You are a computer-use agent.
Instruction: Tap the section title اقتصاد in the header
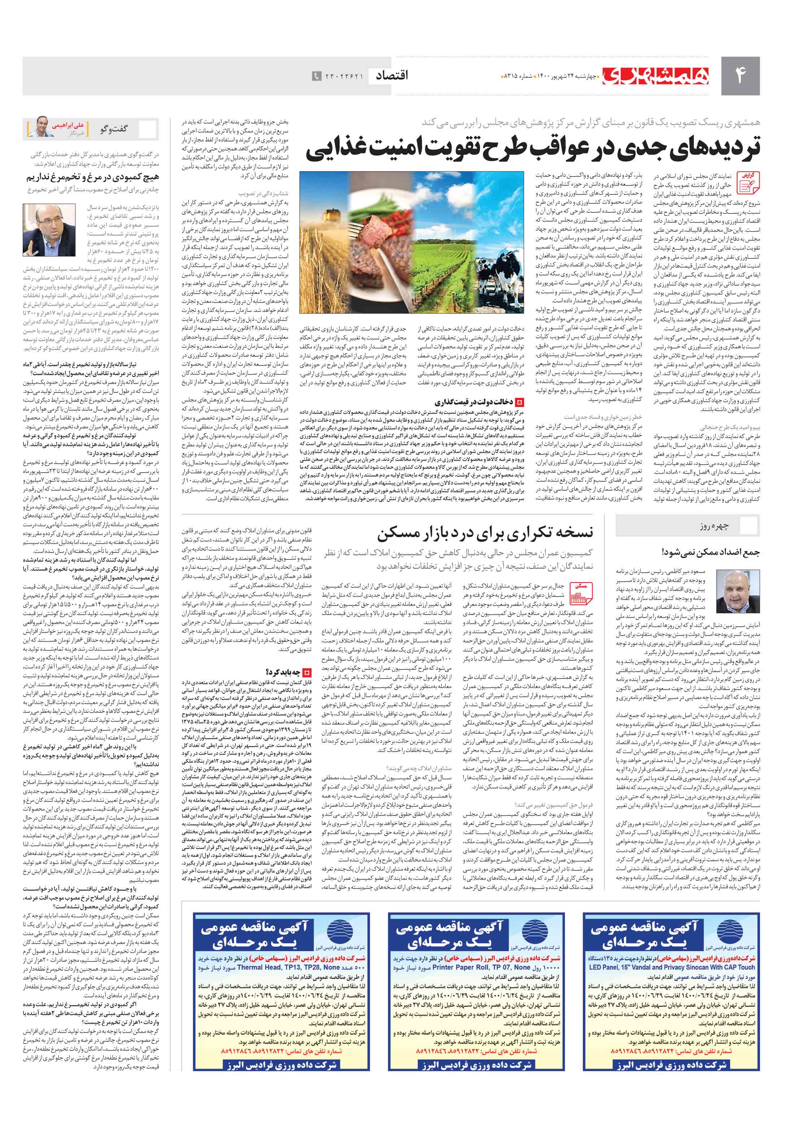tap(392, 75)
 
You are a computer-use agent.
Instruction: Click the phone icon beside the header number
tap(317, 76)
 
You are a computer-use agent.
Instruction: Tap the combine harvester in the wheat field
tap(326, 198)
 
